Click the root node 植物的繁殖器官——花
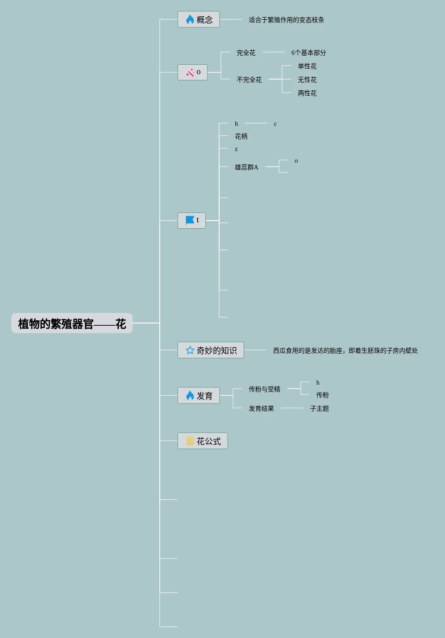point(72,323)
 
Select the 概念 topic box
point(198,20)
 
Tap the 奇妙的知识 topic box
point(211,350)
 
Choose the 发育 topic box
point(198,396)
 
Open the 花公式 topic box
point(202,441)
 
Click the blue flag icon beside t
point(190,221)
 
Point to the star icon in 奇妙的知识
point(190,350)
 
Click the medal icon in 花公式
point(190,441)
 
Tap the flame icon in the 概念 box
point(190,20)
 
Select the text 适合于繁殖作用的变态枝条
point(286,20)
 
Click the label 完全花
point(246,53)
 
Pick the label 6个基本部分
point(308,53)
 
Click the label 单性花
point(307,66)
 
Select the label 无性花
point(307,80)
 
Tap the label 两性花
point(307,93)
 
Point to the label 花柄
point(241,136)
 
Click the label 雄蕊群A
point(246,167)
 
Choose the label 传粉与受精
point(264,389)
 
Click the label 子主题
point(319,408)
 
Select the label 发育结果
point(261,408)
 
